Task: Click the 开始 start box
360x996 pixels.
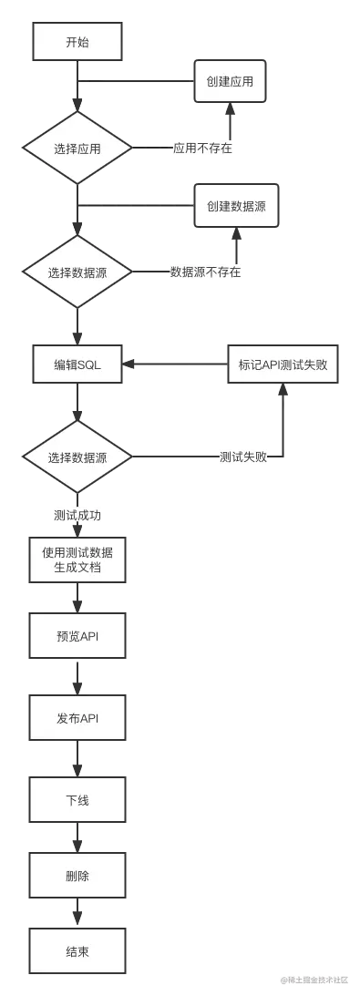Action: pos(77,43)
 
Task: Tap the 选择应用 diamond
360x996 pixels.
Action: pos(77,149)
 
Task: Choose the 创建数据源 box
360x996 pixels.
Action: pos(236,206)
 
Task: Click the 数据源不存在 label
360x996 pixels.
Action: pos(206,272)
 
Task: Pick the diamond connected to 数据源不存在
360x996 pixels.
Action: pos(77,272)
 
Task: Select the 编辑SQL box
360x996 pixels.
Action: pos(77,365)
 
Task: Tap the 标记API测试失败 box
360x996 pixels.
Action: pos(283,365)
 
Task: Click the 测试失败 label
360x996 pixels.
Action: pos(243,457)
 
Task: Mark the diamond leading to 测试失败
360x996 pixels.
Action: pos(77,457)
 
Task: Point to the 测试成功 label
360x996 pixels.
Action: pos(77,516)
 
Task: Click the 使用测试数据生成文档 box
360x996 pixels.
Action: pos(77,560)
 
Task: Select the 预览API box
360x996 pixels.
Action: pos(77,636)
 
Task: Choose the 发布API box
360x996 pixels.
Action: pos(77,719)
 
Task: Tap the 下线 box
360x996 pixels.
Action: pos(77,800)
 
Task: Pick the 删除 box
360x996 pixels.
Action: pos(77,876)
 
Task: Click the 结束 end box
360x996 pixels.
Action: pos(77,952)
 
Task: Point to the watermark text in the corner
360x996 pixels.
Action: pos(314,980)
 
